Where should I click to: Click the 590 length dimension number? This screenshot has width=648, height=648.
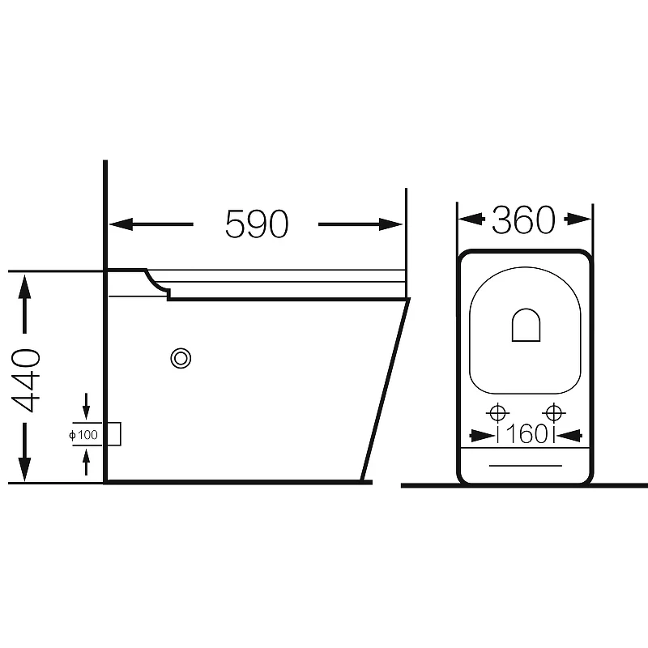coord(257,224)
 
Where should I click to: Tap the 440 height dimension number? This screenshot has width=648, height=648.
coord(26,380)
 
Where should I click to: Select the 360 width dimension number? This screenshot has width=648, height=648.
coord(523,219)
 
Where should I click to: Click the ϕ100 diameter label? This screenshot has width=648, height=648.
coord(83,435)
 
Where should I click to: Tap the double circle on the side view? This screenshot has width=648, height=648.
coord(181,358)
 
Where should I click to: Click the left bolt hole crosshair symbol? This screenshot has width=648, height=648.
coord(497,412)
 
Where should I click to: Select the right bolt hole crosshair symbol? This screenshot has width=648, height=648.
coord(553,412)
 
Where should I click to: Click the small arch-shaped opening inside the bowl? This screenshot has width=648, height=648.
coord(526,325)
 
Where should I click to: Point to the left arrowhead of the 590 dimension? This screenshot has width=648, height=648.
coord(121,224)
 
